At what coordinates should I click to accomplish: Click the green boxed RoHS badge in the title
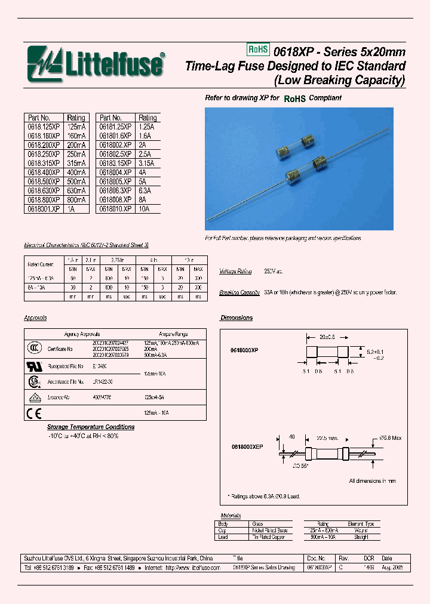[258, 51]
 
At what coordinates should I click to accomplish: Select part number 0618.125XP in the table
[44, 127]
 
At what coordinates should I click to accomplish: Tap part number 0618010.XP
[115, 209]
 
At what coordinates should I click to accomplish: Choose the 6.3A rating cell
[146, 191]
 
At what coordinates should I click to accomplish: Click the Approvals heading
[35, 318]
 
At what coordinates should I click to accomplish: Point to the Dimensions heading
[236, 318]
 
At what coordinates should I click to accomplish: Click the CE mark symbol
[33, 412]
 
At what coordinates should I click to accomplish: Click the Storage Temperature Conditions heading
[91, 427]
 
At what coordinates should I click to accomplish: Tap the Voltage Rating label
[235, 271]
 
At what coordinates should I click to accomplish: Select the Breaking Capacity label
[239, 292]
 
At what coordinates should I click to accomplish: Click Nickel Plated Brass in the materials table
[269, 530]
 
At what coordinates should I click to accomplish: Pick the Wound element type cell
[361, 530]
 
